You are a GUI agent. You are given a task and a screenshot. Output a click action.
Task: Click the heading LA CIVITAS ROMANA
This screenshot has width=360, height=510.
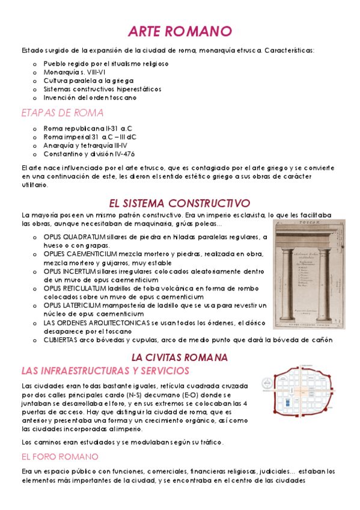[x=180, y=357]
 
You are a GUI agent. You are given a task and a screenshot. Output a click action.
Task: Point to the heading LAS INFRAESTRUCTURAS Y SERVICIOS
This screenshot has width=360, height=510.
[x=105, y=370]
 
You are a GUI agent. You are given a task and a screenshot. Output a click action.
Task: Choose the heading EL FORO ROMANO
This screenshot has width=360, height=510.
[x=59, y=456]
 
